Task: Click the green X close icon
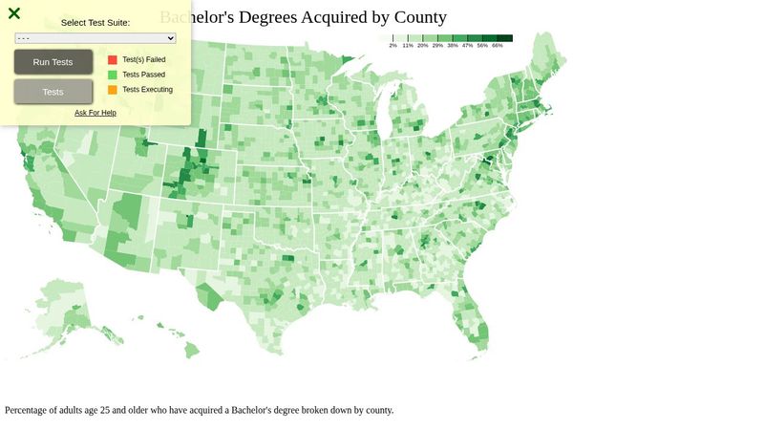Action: (x=14, y=13)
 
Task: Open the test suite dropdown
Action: (x=95, y=38)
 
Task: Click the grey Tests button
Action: (x=53, y=92)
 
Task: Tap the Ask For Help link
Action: (x=95, y=113)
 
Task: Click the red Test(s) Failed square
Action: (x=113, y=59)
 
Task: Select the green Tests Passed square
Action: (x=113, y=75)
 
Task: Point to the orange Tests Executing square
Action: (x=113, y=90)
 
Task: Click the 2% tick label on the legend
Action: (x=393, y=46)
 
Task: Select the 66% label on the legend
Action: (x=498, y=46)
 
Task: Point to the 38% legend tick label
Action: (x=453, y=46)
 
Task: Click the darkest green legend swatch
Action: (x=505, y=38)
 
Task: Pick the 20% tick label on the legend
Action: (x=422, y=46)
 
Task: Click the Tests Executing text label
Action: (x=148, y=90)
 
